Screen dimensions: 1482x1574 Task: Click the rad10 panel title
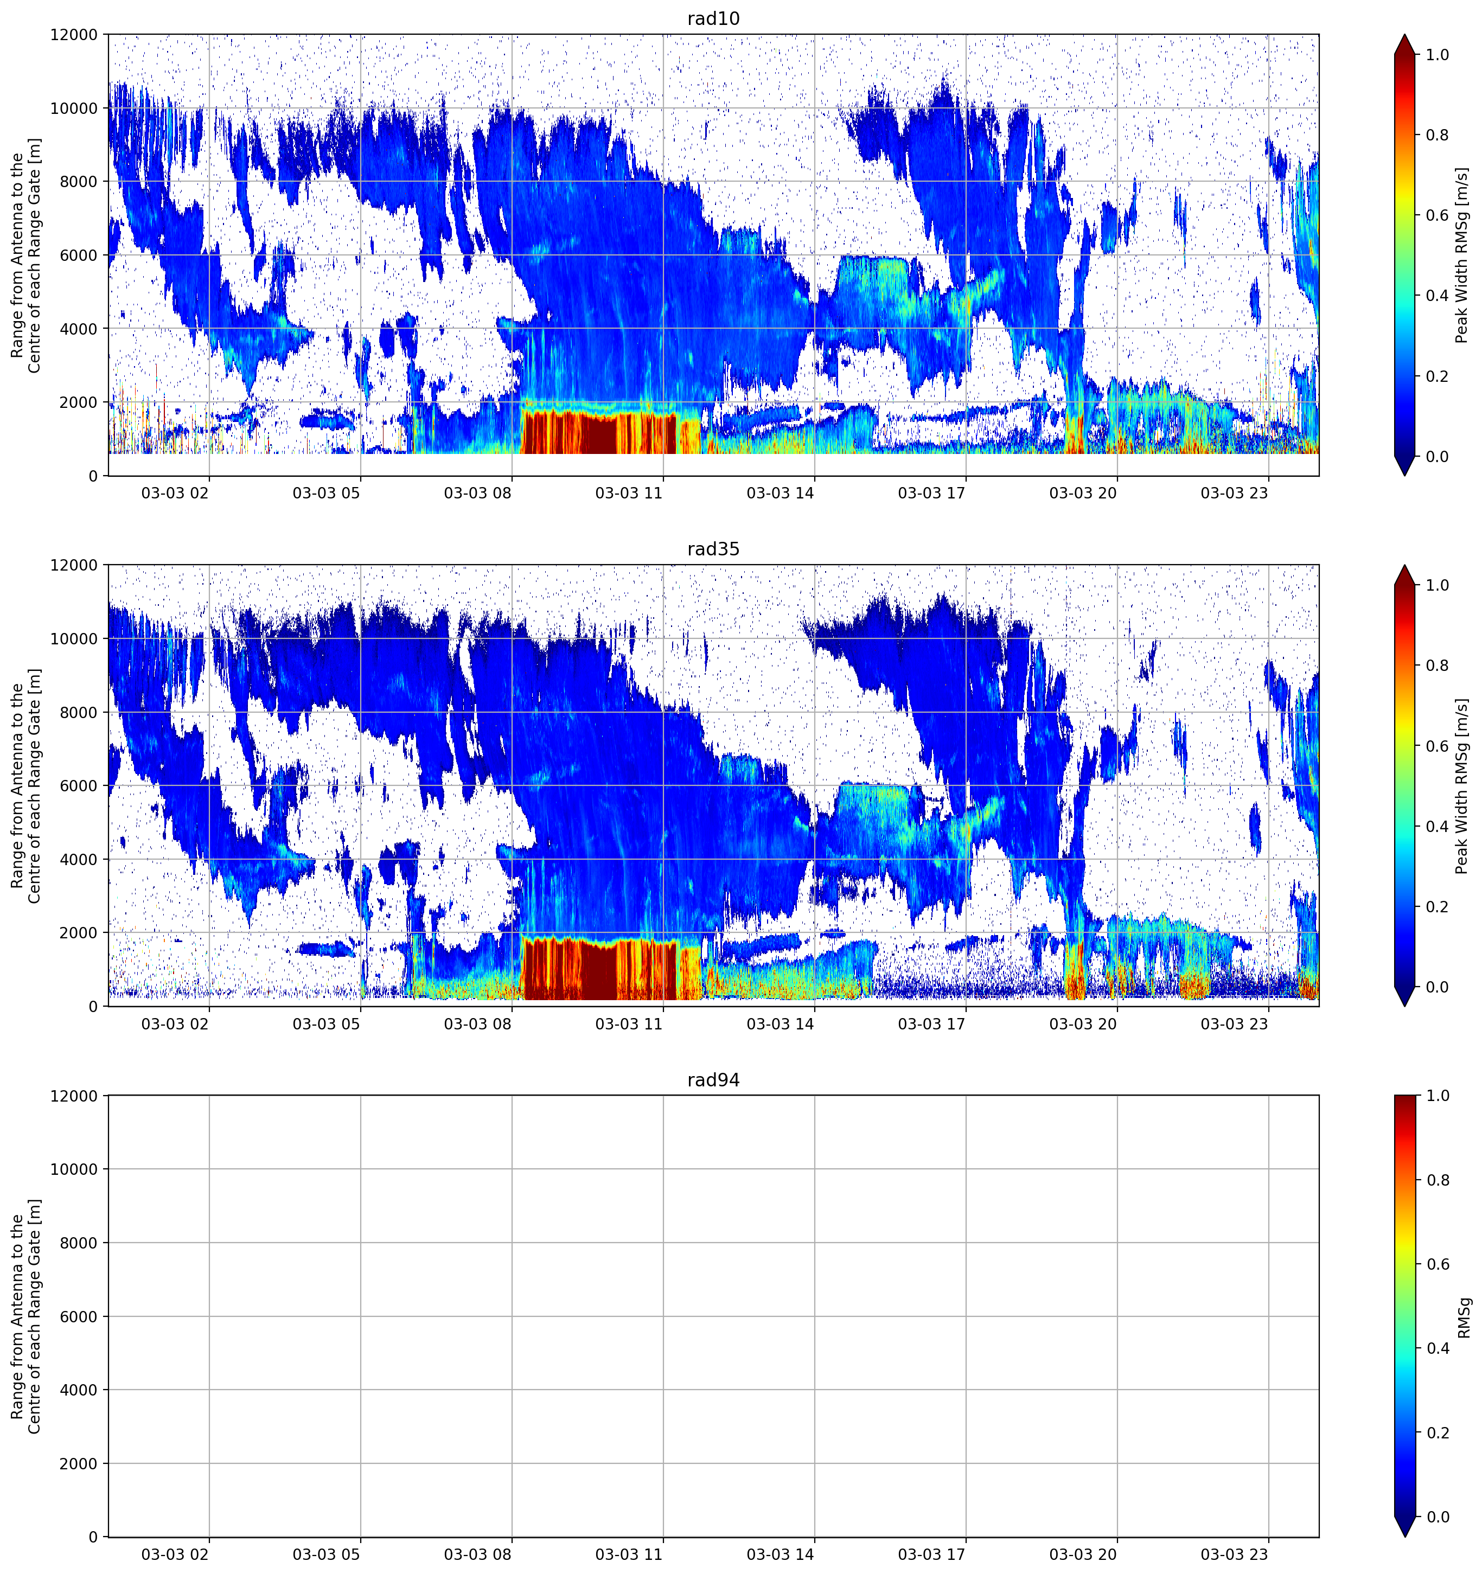pos(713,19)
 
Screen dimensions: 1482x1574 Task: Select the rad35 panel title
pos(713,549)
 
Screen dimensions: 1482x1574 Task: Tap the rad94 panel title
pos(713,1080)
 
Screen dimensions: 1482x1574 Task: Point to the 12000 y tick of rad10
pos(74,35)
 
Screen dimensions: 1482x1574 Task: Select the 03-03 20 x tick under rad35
pos(1082,1023)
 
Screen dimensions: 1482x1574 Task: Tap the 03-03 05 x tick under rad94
pos(326,1554)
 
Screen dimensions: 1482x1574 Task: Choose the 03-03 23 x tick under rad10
pos(1234,493)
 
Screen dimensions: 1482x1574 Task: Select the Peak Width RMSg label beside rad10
pos(1461,255)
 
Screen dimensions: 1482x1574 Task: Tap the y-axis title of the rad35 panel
pos(25,785)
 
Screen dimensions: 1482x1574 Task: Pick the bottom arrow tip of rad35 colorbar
pos(1404,1006)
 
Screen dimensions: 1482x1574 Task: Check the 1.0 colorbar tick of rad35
pos(1437,585)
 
